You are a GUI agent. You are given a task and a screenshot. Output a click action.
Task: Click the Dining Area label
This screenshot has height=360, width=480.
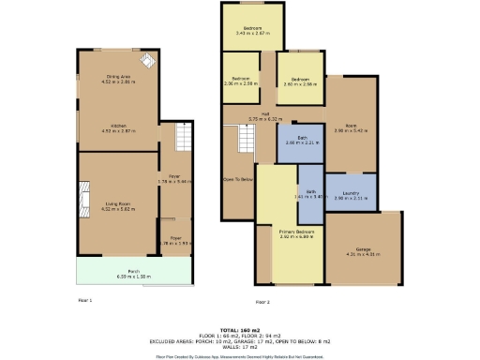click(x=118, y=79)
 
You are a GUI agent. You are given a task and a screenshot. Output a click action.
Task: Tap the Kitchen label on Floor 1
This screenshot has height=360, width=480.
click(x=118, y=129)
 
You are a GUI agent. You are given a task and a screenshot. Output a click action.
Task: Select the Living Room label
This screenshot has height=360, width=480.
click(x=118, y=206)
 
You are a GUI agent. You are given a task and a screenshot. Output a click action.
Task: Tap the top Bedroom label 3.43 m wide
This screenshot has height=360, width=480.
click(x=252, y=30)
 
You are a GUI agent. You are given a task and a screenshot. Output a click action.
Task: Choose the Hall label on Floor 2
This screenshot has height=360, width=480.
click(x=279, y=116)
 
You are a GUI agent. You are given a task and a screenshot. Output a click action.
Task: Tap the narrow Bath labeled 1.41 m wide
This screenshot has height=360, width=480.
click(x=310, y=195)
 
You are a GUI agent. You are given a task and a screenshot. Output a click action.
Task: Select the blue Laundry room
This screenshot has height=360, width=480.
click(x=352, y=196)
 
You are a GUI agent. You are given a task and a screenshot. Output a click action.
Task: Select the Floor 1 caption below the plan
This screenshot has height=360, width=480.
click(x=84, y=299)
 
